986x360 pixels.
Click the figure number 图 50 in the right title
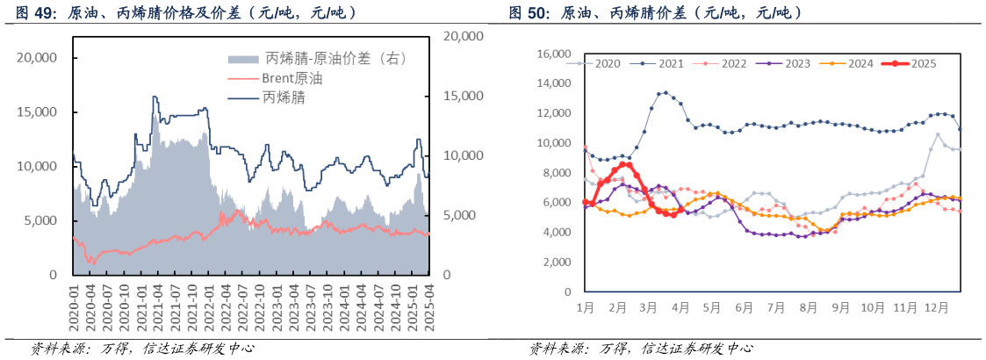click(x=529, y=12)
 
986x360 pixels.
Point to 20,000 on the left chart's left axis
click(x=37, y=58)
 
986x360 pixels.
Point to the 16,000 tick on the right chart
click(x=553, y=54)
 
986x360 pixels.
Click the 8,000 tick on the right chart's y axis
click(x=556, y=173)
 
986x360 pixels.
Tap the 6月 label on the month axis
click(x=744, y=308)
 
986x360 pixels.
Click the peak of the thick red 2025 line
click(x=624, y=164)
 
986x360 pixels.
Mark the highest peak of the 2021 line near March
click(x=665, y=92)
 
